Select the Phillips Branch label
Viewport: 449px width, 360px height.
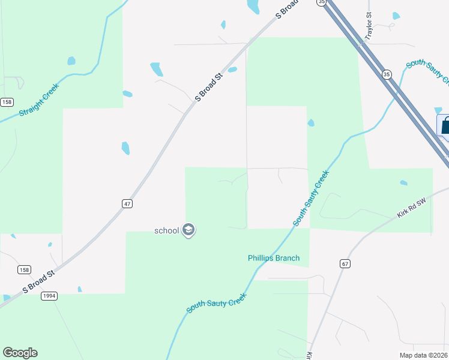[274, 259]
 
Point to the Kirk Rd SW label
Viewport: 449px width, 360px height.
[411, 209]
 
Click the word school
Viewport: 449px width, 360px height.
[167, 230]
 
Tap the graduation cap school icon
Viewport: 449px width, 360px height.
[188, 230]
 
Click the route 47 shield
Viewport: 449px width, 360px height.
[127, 204]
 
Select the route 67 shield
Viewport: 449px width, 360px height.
[344, 263]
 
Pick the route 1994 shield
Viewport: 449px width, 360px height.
[50, 296]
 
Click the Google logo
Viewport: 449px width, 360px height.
[20, 353]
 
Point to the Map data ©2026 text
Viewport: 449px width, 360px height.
[424, 355]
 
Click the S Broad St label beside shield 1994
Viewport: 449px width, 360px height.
[38, 281]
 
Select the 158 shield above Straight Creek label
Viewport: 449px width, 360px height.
[7, 102]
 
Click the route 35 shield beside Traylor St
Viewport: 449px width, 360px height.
[387, 74]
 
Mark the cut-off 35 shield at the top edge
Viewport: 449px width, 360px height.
[322, 2]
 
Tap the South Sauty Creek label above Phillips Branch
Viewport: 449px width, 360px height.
[311, 199]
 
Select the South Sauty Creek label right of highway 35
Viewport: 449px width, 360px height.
[427, 71]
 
